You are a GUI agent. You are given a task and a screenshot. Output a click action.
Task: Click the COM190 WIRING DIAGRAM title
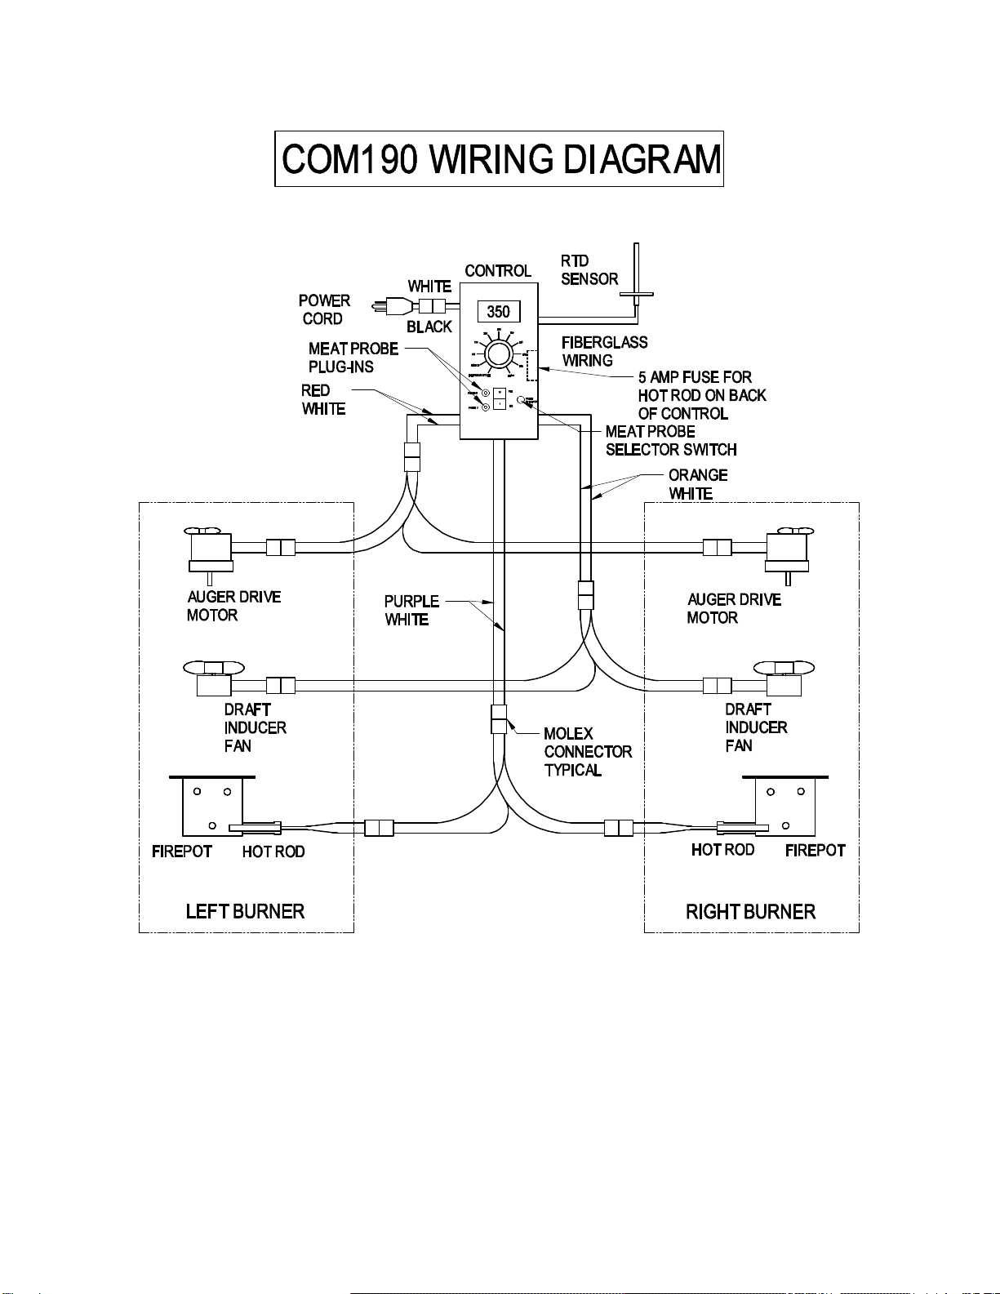pos(499,159)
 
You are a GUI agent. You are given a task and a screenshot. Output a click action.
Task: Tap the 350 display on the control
pos(498,311)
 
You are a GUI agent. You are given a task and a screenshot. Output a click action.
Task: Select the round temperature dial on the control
pos(499,355)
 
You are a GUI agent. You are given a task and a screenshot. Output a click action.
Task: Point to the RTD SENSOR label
pos(589,270)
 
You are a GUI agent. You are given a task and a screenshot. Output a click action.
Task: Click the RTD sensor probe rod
pos(636,269)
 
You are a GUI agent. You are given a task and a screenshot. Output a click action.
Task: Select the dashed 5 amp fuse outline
pos(532,365)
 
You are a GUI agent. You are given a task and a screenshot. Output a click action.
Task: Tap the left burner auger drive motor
pos(211,549)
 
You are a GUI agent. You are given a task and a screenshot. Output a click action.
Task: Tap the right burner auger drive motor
pos(788,549)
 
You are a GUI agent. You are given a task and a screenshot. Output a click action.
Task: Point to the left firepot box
pos(212,806)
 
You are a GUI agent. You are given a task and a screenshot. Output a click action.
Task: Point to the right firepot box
pos(785,806)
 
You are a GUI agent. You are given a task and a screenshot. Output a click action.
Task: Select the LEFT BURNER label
pos(245,911)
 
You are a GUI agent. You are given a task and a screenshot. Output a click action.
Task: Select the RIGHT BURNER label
pos(750,912)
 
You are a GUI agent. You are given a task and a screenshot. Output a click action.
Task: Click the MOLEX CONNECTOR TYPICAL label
pos(587,752)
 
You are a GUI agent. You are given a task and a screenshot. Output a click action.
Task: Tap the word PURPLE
pos(411,602)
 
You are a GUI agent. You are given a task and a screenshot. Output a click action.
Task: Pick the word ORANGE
pos(698,475)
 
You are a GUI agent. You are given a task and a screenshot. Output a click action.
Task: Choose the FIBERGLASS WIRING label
pos(604,352)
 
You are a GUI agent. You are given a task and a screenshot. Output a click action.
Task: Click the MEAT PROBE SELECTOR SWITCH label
pos(670,441)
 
